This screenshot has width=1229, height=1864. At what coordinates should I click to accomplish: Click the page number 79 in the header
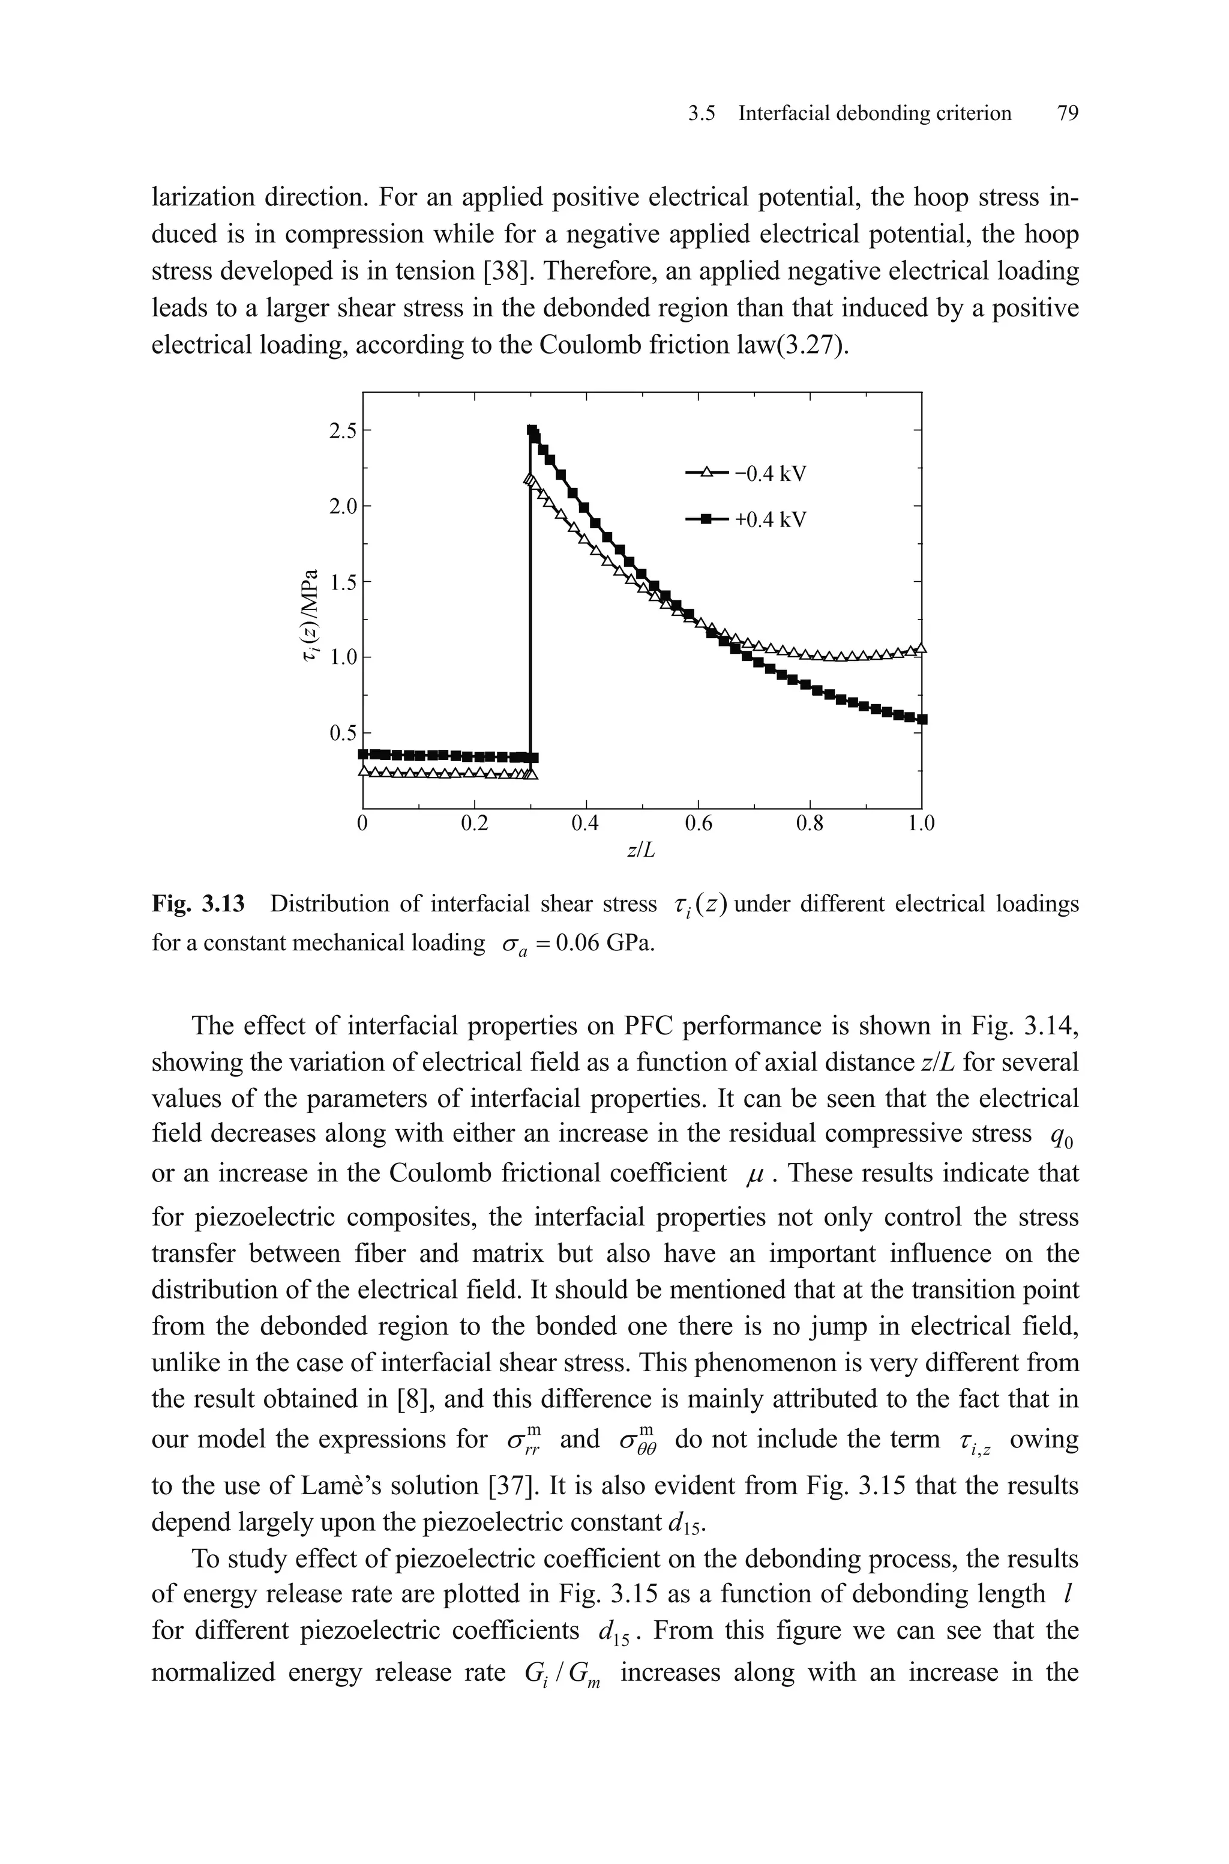tap(1068, 113)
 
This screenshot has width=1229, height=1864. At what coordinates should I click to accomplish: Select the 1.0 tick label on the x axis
tap(921, 824)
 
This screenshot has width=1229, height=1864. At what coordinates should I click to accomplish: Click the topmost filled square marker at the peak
tap(532, 431)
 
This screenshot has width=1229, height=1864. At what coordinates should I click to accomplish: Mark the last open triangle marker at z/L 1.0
tap(921, 648)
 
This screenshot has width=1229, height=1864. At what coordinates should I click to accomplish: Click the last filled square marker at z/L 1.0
tap(922, 719)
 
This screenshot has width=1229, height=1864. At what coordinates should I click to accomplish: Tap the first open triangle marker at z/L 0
tap(364, 771)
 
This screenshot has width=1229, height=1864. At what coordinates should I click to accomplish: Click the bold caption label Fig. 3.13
tap(197, 905)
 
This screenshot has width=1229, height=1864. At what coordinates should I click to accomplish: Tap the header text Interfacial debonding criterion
tap(875, 113)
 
